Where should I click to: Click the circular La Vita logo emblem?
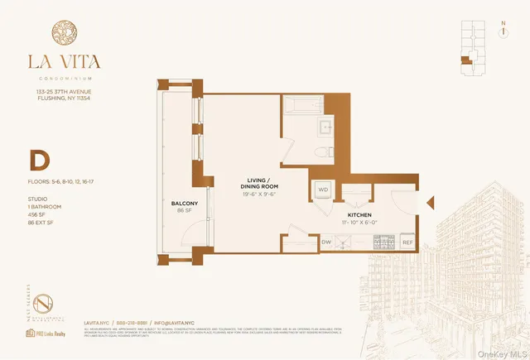[x=65, y=35]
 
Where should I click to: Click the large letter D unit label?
[x=39, y=159]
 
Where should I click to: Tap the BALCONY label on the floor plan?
[x=185, y=204]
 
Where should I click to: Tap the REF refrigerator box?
[x=407, y=242]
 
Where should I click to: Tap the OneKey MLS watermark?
[x=499, y=351]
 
